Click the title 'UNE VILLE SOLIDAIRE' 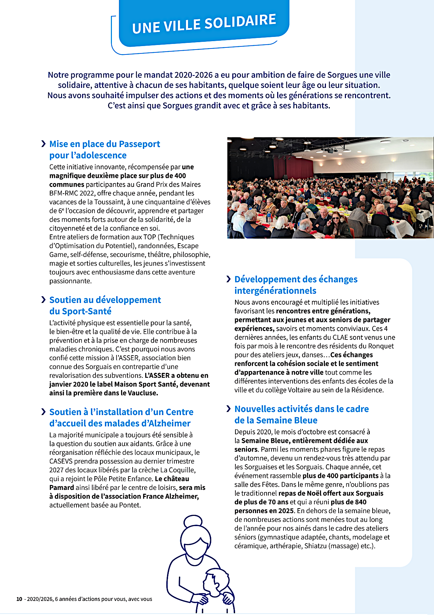[204, 24]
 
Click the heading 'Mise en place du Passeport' [105, 144]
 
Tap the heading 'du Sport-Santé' [80, 311]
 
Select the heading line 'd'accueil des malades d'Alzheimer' [120, 423]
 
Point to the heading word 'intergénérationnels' [275, 291]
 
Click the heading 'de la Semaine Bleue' [276, 421]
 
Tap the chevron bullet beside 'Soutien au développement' [44, 300]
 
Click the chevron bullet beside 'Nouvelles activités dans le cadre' [228, 409]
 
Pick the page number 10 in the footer [19, 599]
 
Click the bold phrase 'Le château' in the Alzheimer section [172, 479]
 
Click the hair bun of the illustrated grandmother [193, 520]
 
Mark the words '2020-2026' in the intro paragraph [194, 75]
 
